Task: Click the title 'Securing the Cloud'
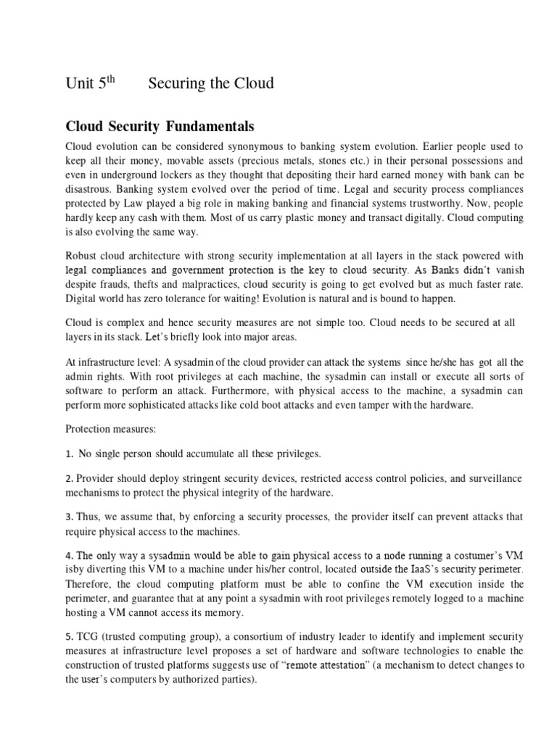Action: coord(211,83)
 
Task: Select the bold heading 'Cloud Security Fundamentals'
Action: coord(160,127)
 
